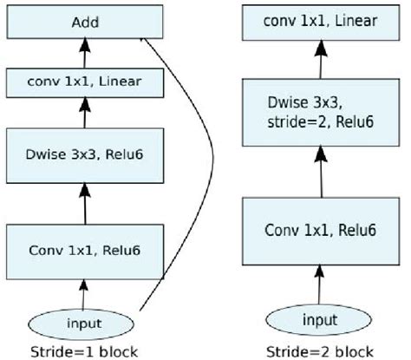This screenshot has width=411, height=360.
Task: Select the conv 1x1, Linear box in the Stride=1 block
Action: click(x=84, y=83)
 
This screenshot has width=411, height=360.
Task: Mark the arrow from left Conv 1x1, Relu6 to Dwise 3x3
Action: click(x=84, y=205)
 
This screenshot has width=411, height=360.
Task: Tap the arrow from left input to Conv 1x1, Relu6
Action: click(x=84, y=292)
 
